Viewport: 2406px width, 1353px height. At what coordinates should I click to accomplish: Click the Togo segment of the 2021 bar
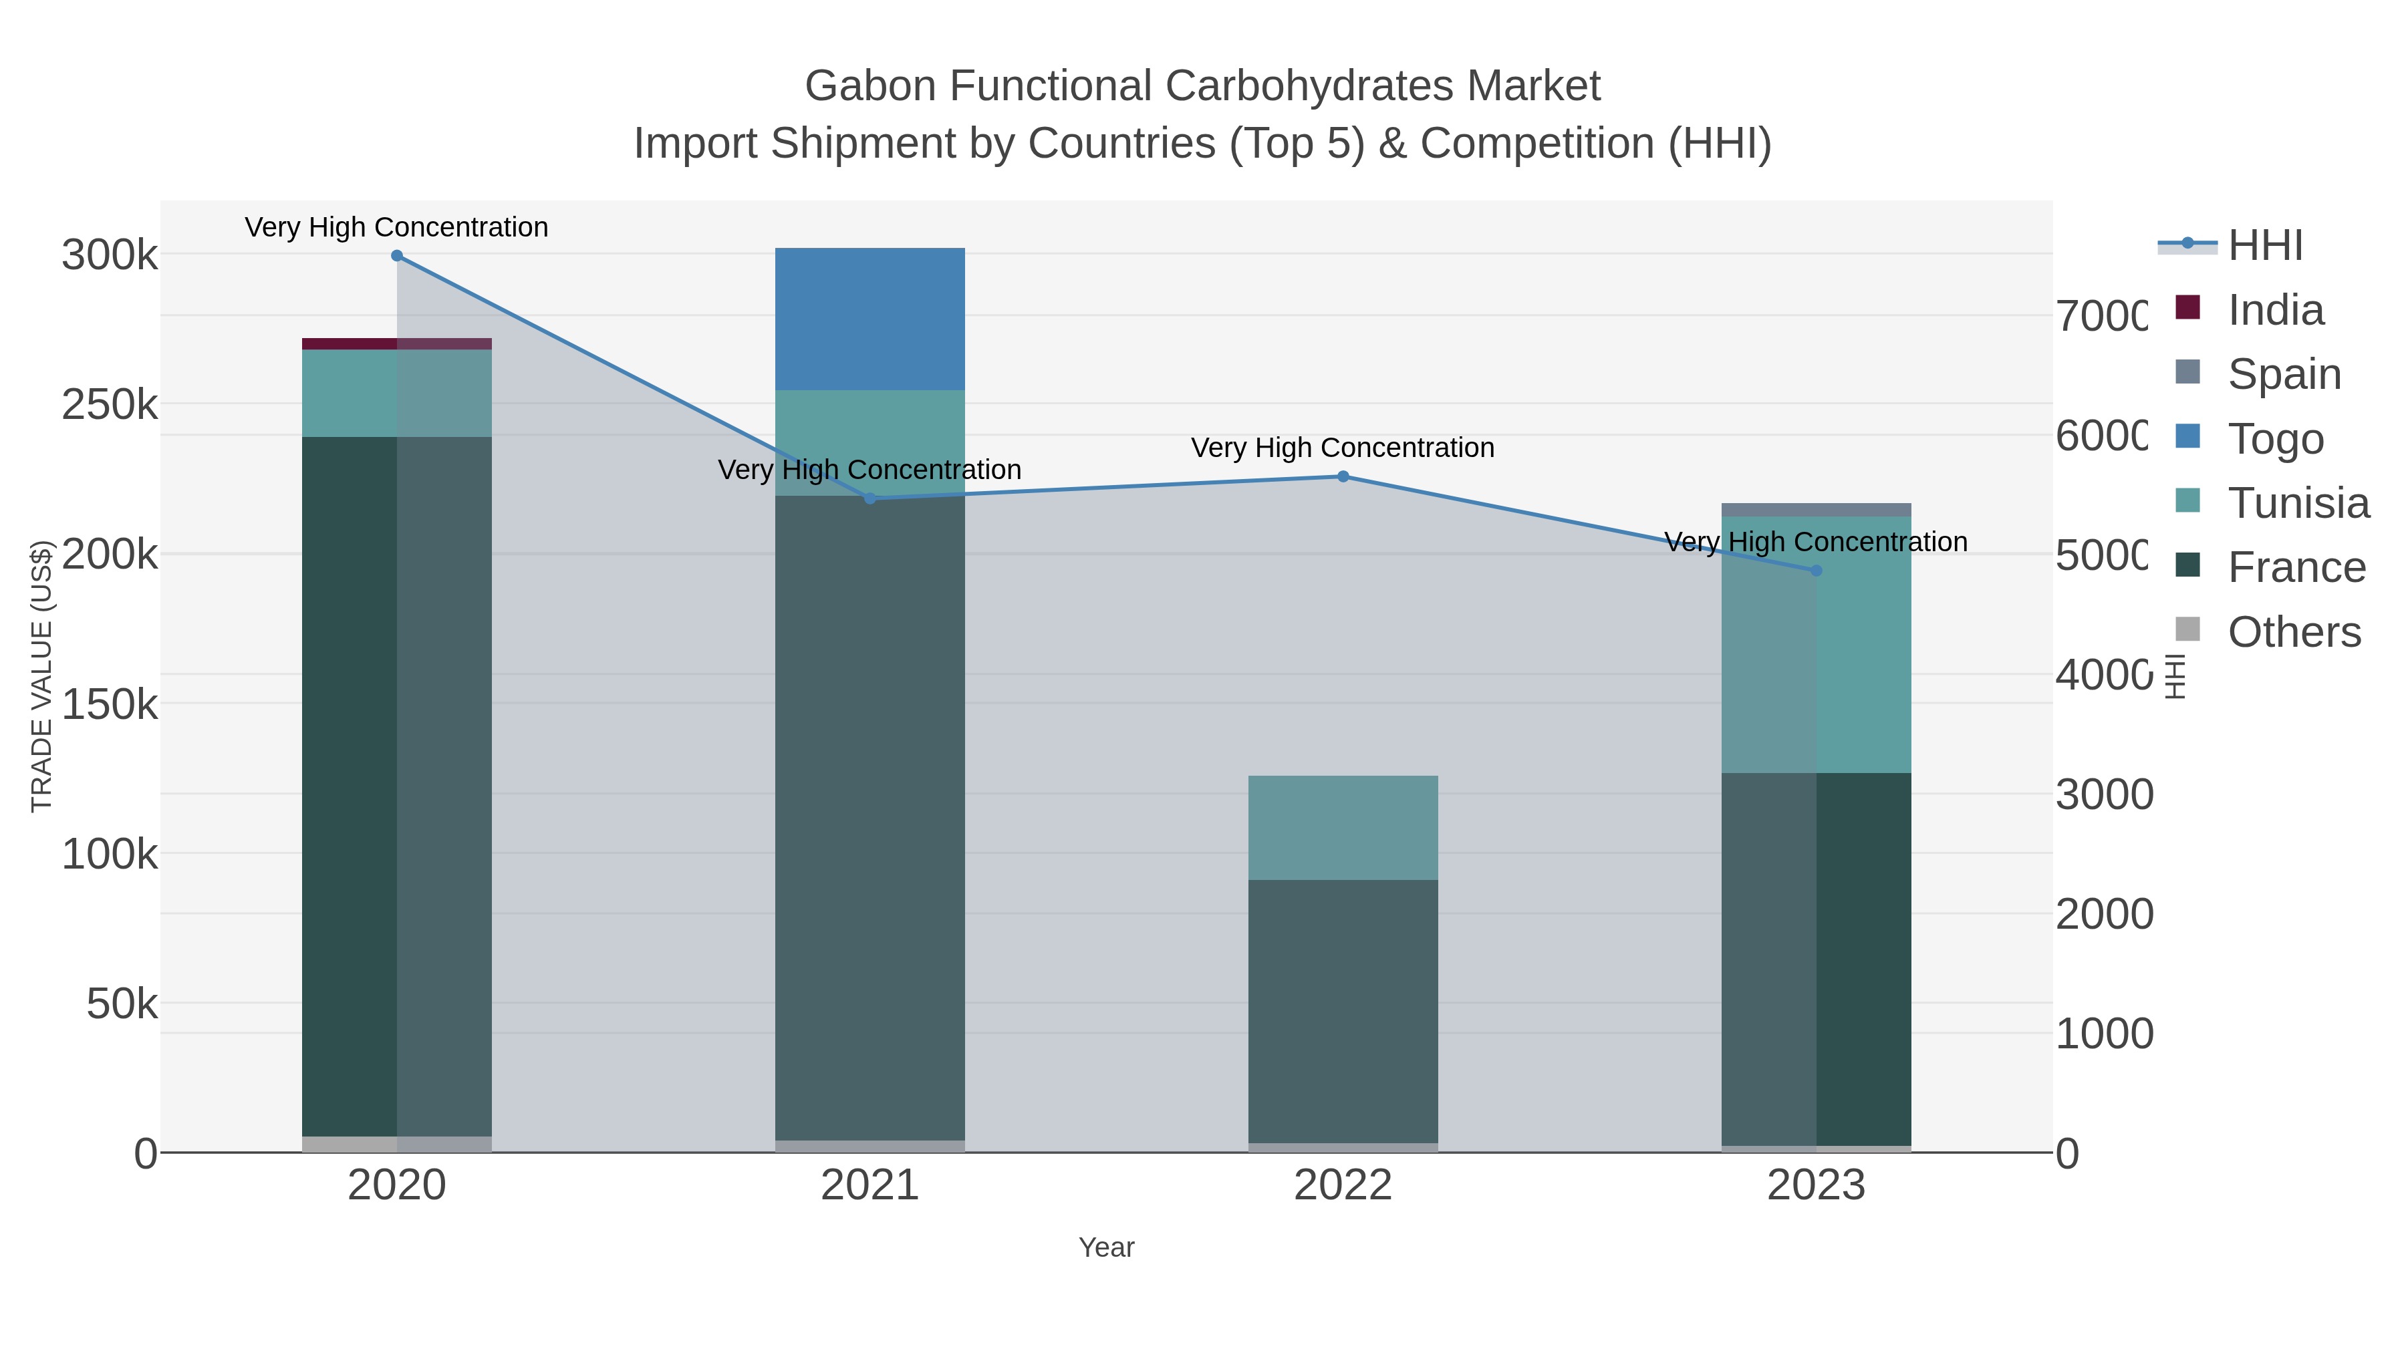pos(870,319)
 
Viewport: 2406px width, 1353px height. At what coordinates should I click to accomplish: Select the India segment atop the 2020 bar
pos(396,343)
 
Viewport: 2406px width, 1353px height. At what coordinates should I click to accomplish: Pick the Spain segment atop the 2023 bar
pos(1816,510)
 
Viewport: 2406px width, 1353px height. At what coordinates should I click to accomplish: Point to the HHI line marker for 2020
pos(397,256)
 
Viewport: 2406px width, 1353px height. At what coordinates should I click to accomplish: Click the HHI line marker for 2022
pos(1343,476)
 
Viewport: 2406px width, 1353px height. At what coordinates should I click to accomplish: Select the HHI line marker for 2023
pos(1816,571)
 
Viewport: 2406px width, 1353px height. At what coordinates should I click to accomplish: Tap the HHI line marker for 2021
pos(870,498)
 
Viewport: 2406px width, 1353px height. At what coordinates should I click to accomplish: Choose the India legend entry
pos(2274,310)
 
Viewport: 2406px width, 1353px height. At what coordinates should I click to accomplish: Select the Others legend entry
pos(2293,632)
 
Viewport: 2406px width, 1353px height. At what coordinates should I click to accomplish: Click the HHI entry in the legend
pos(2264,246)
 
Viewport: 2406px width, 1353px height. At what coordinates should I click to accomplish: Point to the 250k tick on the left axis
pos(110,406)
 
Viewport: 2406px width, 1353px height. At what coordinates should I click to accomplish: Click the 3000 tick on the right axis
pos(2103,794)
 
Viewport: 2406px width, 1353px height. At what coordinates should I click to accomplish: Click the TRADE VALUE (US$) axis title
pos(42,676)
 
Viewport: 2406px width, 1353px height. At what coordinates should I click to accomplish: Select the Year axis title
pos(1106,1247)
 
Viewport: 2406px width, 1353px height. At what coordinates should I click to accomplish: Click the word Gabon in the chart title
pos(870,86)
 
